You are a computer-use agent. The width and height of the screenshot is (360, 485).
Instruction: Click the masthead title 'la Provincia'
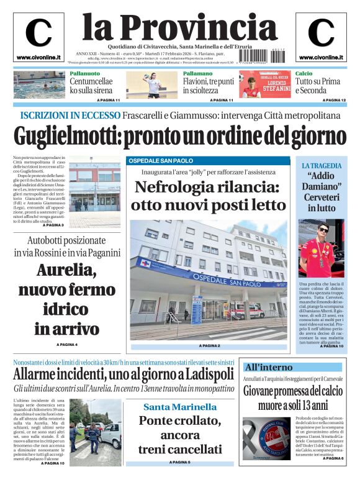[180, 27]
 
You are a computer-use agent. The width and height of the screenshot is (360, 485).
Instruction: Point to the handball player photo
[152, 85]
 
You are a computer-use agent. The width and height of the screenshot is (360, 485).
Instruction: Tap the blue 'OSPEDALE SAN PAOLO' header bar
[209, 161]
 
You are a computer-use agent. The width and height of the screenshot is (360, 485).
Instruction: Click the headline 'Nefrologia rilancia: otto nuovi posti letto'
[209, 195]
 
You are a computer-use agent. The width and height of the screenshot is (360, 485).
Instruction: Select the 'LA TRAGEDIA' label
[321, 166]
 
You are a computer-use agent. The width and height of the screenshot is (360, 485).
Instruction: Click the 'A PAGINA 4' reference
[67, 344]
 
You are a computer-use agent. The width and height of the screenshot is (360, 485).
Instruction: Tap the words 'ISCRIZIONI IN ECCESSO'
[70, 116]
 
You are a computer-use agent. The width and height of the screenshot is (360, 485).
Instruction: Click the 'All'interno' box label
[268, 367]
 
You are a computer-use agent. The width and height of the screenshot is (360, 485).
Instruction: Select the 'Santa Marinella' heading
[181, 407]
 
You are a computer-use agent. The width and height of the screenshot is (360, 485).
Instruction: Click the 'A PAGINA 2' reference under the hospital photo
[209, 345]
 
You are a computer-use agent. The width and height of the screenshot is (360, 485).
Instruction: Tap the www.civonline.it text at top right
[321, 58]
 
